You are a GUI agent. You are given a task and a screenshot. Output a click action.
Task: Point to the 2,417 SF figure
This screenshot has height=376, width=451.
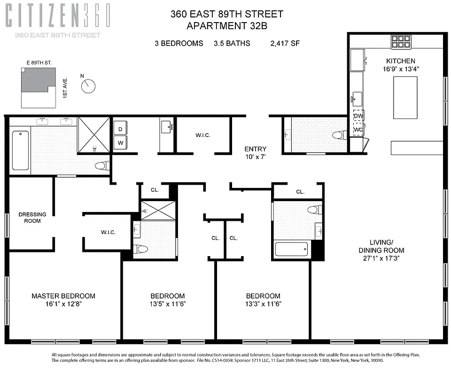click(285, 43)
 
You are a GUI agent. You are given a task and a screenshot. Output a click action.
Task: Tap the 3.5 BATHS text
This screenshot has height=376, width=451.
click(232, 43)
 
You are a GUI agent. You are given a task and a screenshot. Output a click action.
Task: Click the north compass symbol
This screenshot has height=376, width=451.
click(88, 86)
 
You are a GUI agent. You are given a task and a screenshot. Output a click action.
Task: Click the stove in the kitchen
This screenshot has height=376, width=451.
click(401, 43)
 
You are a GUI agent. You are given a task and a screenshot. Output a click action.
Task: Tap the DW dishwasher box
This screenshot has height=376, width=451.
click(358, 116)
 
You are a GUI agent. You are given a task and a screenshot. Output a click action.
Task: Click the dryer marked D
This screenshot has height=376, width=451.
click(120, 129)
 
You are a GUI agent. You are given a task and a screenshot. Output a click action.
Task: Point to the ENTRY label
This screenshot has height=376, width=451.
click(256, 149)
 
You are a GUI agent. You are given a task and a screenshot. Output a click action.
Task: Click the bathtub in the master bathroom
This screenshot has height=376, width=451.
click(20, 150)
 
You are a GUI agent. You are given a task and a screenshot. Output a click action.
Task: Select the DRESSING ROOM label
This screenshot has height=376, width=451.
click(32, 218)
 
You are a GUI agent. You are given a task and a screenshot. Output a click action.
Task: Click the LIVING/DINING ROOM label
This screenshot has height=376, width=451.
click(381, 250)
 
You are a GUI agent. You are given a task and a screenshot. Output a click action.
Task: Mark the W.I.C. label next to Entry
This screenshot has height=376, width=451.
click(203, 135)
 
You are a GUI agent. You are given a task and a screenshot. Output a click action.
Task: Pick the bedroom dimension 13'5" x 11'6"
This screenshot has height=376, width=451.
click(168, 304)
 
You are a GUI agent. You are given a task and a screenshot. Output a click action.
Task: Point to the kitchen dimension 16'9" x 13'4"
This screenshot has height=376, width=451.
click(401, 69)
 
